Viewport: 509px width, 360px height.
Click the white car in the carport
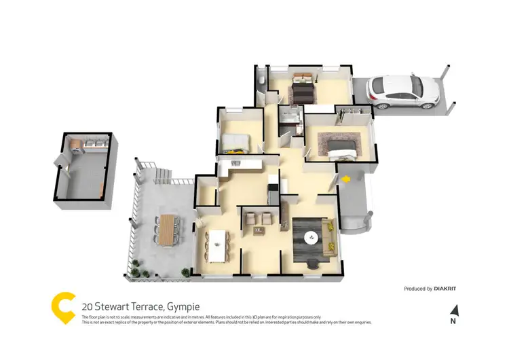(x=403, y=92)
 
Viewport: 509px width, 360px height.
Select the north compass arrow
(x=455, y=312)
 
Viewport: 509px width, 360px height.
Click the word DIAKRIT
(x=445, y=289)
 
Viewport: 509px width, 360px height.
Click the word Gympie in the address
(x=182, y=306)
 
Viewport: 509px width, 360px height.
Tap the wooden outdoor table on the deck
(x=167, y=228)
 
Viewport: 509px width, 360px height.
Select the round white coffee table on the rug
(x=312, y=237)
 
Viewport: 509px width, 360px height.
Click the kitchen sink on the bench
(x=236, y=162)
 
